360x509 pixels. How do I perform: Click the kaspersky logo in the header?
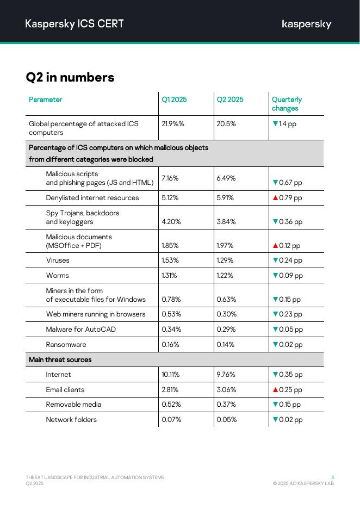pos(306,24)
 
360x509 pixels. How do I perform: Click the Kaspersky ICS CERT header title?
pos(75,23)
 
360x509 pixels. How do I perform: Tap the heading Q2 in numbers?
pos(70,77)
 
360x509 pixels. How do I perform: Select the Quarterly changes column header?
pos(287,104)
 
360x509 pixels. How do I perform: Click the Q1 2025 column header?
pos(174,100)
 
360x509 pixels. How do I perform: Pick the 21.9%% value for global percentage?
pos(173,123)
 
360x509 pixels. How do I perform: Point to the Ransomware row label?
pos(66,344)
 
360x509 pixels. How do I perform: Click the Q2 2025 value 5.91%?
pos(226,198)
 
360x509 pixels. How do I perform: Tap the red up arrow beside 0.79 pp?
pos(275,198)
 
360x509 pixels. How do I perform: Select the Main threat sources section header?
pos(60,359)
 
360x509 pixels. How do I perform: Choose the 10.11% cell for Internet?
pos(171,375)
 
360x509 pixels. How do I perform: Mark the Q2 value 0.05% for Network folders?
pos(226,420)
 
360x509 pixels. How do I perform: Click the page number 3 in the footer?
pos(332,477)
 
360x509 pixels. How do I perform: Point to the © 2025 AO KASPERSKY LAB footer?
pos(303,483)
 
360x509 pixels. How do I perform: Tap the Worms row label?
pos(57,276)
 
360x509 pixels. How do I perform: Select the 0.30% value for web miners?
pos(226,314)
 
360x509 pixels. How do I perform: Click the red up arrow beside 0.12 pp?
pos(275,246)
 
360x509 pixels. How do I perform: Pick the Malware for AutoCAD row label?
pos(80,330)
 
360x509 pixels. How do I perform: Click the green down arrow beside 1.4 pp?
pos(275,124)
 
